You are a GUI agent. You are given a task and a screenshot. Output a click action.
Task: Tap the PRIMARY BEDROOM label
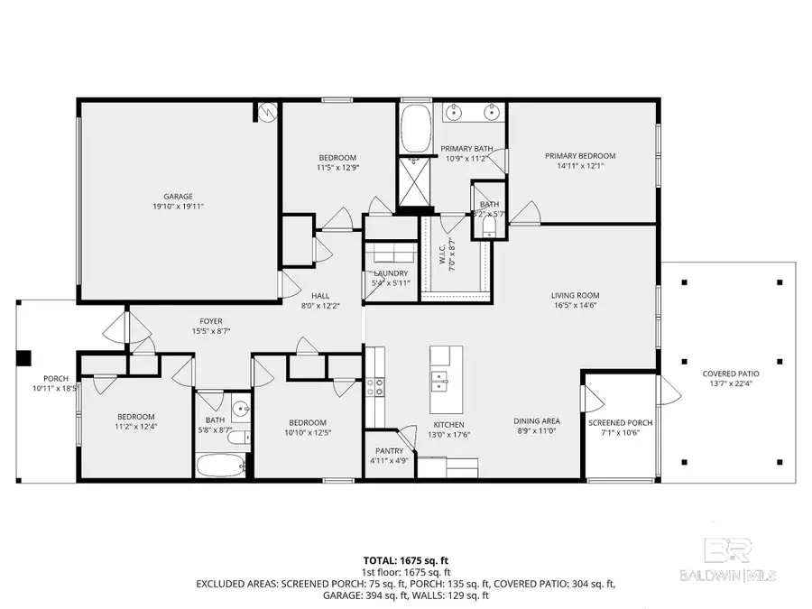[x=580, y=155]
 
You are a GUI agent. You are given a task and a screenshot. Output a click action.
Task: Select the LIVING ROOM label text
[x=575, y=295]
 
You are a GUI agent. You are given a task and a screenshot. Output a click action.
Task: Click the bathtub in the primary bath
[x=415, y=128]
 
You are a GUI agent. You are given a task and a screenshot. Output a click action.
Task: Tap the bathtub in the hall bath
[x=218, y=468]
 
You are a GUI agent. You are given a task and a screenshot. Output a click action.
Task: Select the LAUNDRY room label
[x=390, y=273]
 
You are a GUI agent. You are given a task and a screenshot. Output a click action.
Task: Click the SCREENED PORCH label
[x=620, y=422]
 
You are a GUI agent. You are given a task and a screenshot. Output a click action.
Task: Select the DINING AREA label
[x=537, y=421]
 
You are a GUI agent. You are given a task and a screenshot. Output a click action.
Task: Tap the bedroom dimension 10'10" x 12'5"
[x=308, y=434]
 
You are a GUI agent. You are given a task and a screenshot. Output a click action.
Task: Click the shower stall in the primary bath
[x=415, y=183]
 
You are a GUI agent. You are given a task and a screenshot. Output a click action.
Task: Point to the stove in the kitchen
[x=374, y=386]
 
